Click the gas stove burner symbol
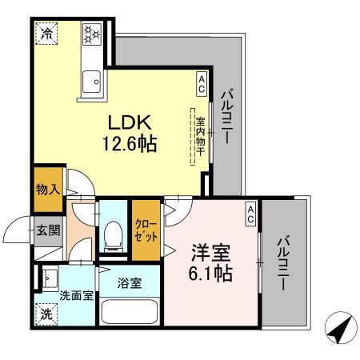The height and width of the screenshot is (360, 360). click(x=91, y=33)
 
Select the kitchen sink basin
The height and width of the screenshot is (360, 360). click(x=92, y=82)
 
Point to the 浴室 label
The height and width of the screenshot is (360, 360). click(x=130, y=282)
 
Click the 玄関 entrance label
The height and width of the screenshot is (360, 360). click(x=47, y=231)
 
